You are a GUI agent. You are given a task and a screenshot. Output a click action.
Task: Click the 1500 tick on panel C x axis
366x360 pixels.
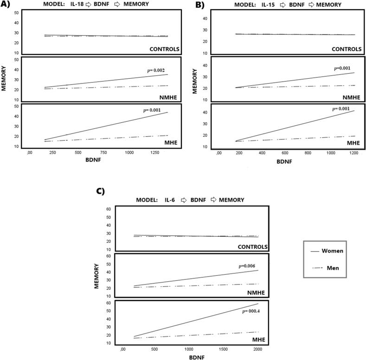point(223,348)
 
